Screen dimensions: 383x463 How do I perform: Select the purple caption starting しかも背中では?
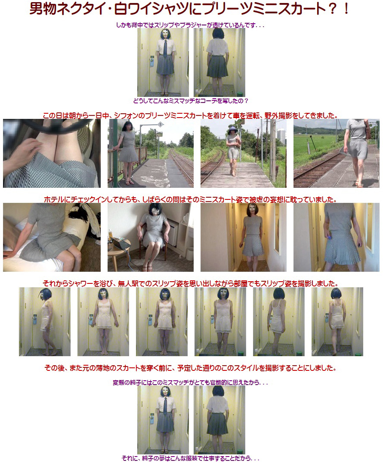(x=190, y=25)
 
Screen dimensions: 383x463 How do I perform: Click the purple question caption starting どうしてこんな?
(x=191, y=101)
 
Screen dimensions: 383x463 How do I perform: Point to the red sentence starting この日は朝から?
(x=190, y=115)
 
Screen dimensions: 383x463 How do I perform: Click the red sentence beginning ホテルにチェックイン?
(x=190, y=199)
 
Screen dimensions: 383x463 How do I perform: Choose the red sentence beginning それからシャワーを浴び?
(x=190, y=283)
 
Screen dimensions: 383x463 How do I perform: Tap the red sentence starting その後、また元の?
(x=190, y=368)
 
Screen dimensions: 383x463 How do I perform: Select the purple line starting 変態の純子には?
(x=190, y=383)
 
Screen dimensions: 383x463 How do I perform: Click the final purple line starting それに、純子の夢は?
(x=190, y=458)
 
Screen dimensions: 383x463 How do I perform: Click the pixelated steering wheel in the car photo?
(x=56, y=125)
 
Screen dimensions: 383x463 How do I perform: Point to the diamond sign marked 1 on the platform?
(x=160, y=124)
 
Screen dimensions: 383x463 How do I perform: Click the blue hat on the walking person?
(x=233, y=129)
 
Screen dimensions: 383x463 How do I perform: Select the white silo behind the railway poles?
(x=281, y=137)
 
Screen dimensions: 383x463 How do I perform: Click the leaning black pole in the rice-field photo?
(x=314, y=143)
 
